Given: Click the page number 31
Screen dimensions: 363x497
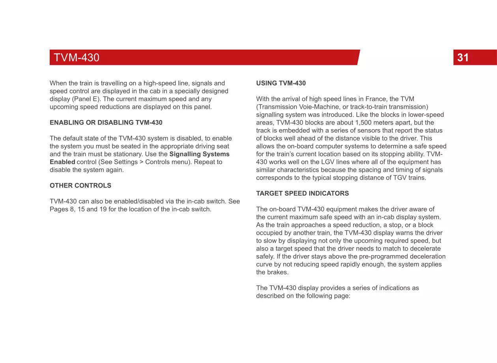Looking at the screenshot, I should pos(463,57).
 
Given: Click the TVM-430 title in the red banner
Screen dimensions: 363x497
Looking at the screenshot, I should pos(77,57).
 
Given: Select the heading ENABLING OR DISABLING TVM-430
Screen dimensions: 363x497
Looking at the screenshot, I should pos(106,122).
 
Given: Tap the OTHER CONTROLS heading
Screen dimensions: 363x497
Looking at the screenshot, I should pos(80,185).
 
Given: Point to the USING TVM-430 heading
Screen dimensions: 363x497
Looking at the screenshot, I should pos(281,83).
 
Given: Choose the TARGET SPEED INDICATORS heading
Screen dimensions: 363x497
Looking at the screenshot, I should pos(303,193).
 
